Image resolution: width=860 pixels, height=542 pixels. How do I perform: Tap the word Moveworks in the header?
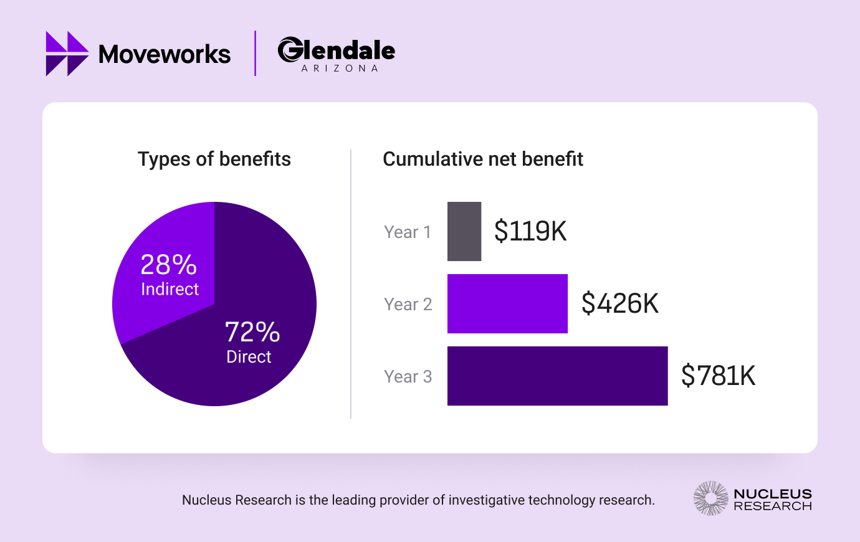pos(165,54)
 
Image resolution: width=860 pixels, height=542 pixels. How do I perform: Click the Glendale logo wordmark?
pos(337,50)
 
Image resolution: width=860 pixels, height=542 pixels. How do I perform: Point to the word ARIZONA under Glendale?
pos(340,69)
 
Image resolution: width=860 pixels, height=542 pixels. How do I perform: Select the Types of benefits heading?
pos(214,159)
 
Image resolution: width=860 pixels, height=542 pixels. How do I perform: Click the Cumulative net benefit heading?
pos(482,159)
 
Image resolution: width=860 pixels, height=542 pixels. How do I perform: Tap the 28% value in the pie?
pos(168,265)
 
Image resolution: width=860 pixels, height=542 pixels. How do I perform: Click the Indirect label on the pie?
pos(170,289)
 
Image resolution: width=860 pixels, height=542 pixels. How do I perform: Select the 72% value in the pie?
pos(252,332)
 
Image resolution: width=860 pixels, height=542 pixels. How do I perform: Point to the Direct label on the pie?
pos(249,357)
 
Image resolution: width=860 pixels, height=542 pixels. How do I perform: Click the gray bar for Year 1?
pos(464,231)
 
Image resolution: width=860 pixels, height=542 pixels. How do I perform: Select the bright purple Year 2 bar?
pos(507,303)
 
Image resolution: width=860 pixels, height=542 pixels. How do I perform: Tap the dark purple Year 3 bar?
pos(557,376)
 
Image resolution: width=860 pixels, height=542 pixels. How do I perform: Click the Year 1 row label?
pos(408,232)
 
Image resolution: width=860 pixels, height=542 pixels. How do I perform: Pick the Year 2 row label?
pos(408,305)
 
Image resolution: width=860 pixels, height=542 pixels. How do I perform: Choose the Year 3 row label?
pos(408,377)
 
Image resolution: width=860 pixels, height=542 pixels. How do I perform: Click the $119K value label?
pos(530,231)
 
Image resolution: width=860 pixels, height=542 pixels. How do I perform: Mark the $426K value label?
pos(619,303)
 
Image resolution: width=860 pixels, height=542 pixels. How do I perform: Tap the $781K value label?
pos(718,376)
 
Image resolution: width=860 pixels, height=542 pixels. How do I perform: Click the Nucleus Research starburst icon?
pos(710,498)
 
